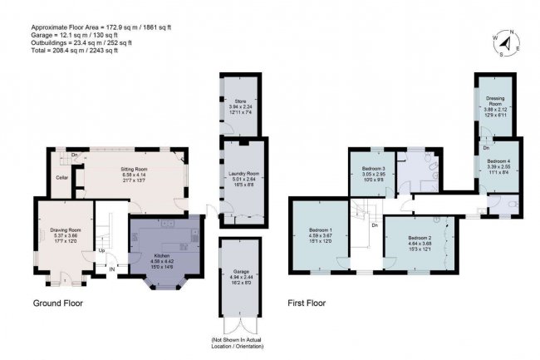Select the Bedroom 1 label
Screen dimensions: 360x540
point(321,229)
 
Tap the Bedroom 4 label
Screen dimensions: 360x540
point(498,160)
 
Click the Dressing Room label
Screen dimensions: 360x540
point(496,102)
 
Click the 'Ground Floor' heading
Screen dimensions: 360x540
point(58,303)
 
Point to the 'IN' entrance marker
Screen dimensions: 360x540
point(111,269)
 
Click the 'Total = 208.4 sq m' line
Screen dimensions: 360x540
point(71,50)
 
